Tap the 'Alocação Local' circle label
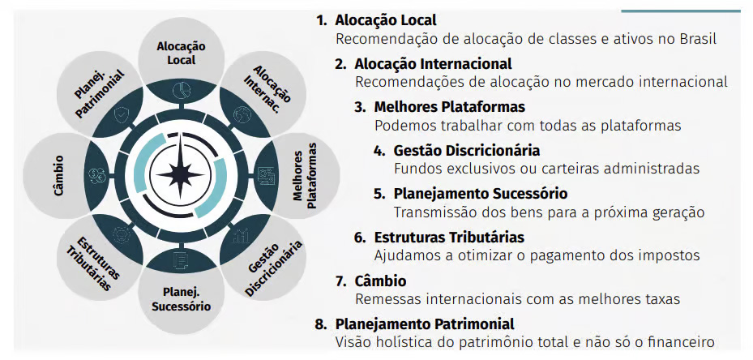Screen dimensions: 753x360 pyautogui.click(x=181, y=54)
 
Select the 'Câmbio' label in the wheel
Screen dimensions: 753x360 pyautogui.click(x=59, y=174)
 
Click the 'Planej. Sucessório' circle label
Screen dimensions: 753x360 pyautogui.click(x=181, y=299)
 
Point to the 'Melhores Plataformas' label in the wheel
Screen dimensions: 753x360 pyautogui.click(x=305, y=175)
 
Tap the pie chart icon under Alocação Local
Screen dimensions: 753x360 pyautogui.click(x=181, y=89)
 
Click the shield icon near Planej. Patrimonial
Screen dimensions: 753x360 pyautogui.click(x=122, y=115)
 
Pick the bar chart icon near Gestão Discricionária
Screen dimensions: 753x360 pyautogui.click(x=240, y=235)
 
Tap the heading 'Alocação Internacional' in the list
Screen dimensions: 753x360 pyautogui.click(x=433, y=63)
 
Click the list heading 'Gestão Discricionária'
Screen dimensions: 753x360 pyautogui.click(x=467, y=151)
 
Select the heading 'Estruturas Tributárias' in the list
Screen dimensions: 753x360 pyautogui.click(x=449, y=237)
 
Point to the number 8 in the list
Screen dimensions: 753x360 pyautogui.click(x=320, y=324)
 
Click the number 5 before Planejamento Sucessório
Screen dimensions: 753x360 pyautogui.click(x=379, y=194)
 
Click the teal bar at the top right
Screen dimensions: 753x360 pyautogui.click(x=681, y=11)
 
